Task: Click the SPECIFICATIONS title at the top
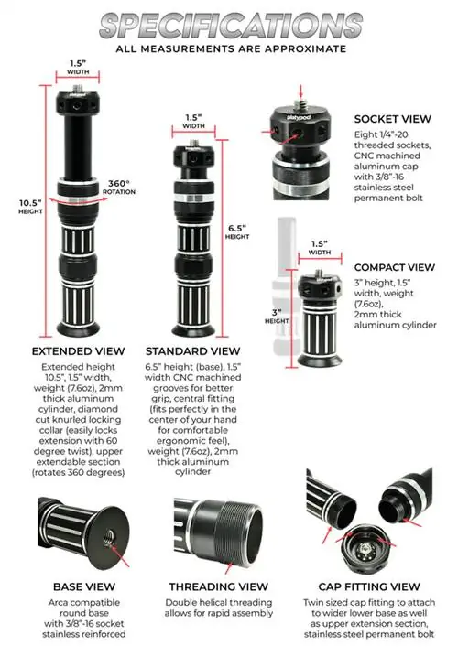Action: [231, 26]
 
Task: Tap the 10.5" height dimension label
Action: [30, 207]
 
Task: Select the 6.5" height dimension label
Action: [237, 231]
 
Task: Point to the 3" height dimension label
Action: [277, 317]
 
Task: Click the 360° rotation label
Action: [119, 187]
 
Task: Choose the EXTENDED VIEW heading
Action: [79, 351]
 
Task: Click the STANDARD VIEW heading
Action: [192, 351]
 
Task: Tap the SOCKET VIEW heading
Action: [393, 119]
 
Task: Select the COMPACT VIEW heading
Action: [395, 267]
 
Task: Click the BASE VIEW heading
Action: [83, 586]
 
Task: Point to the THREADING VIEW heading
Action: [218, 586]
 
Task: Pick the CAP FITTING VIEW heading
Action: [369, 586]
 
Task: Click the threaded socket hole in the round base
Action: [109, 535]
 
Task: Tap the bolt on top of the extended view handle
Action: [78, 88]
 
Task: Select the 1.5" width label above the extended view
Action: [78, 67]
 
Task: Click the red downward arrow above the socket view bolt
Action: [300, 91]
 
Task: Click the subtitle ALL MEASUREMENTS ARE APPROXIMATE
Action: [231, 49]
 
